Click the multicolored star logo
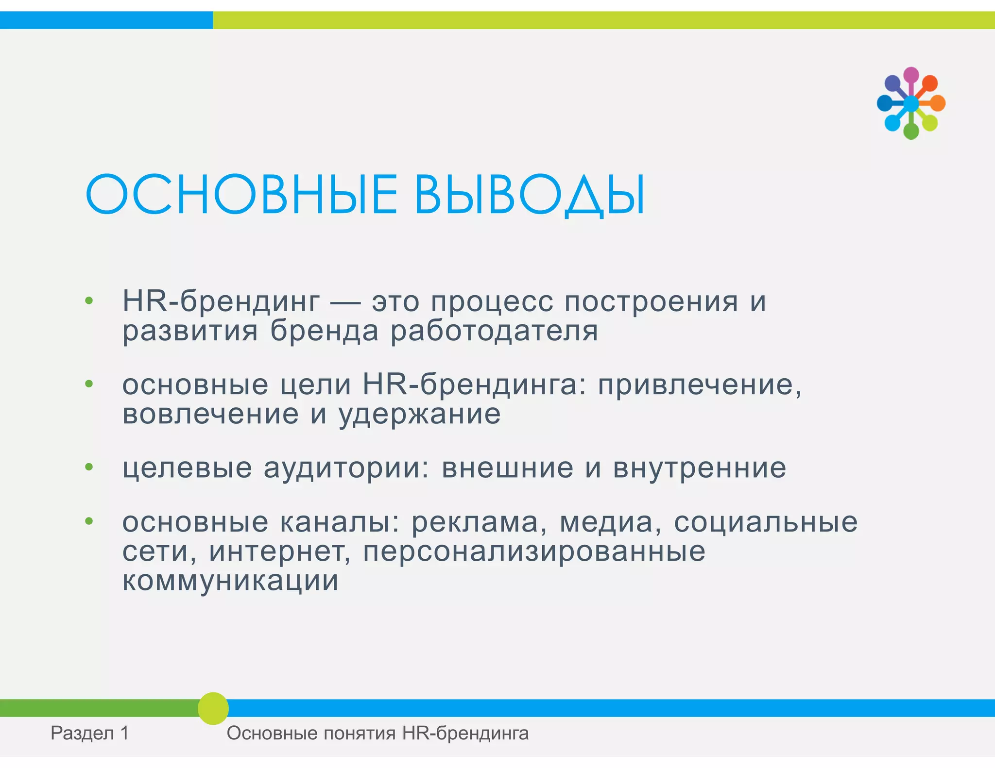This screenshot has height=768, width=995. tap(911, 103)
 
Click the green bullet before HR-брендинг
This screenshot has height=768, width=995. tap(88, 301)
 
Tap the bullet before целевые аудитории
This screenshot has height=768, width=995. tap(88, 467)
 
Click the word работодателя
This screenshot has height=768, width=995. tap(494, 331)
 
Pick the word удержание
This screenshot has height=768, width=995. tap(419, 414)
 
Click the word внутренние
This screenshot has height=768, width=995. tap(699, 468)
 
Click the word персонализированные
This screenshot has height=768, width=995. tap(534, 552)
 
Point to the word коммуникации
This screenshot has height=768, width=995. tap(230, 581)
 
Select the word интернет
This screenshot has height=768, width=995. tap(280, 552)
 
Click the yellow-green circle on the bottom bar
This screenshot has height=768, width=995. tap(213, 708)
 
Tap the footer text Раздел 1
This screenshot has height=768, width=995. tap(90, 733)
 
